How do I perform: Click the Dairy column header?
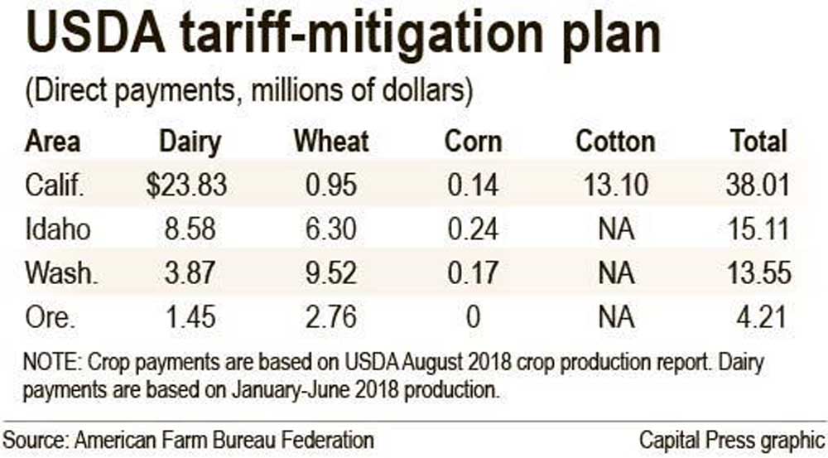point(190,142)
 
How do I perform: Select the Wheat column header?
point(331,142)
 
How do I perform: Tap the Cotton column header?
point(615,142)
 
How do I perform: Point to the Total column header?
point(758,142)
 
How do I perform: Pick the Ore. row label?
point(48,316)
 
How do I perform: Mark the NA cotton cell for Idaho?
point(614,229)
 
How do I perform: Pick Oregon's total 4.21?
point(763,316)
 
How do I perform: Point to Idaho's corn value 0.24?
point(473,229)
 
